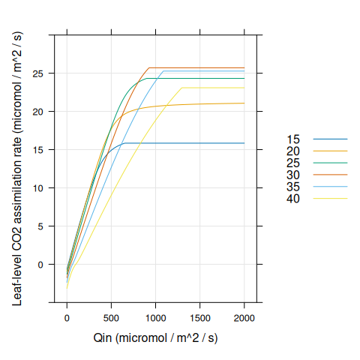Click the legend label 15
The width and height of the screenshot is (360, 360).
(x=293, y=139)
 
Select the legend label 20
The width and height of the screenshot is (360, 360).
(x=293, y=151)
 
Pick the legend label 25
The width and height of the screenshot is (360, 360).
(x=293, y=163)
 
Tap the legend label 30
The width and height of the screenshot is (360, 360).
(x=293, y=175)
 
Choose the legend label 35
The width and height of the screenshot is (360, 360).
(x=293, y=187)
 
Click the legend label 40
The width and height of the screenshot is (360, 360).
(x=293, y=198)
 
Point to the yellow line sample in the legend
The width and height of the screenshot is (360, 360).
(x=330, y=198)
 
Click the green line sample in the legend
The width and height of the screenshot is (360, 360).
(x=330, y=163)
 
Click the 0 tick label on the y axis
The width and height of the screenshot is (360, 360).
(x=42, y=264)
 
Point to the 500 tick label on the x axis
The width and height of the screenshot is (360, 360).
(x=112, y=317)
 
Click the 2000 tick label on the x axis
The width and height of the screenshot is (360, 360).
(x=244, y=317)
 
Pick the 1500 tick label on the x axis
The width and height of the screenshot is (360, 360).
(x=200, y=317)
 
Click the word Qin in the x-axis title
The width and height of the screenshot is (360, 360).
(x=103, y=338)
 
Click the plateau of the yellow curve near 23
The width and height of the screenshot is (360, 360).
(x=217, y=88)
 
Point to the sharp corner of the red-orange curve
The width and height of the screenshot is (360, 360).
(x=149, y=67)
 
